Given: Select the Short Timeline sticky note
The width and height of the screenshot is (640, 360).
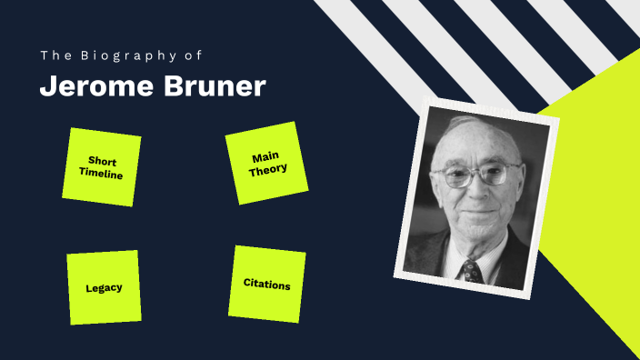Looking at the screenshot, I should [101, 166].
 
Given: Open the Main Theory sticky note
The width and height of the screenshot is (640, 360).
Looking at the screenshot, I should [265, 163].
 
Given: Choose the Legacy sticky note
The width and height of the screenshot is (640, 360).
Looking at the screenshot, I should [104, 287].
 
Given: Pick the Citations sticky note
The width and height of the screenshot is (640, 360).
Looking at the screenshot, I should [266, 284].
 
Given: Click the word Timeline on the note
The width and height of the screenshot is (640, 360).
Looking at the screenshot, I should [101, 173].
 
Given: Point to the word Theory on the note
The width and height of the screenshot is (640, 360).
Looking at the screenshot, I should [268, 168].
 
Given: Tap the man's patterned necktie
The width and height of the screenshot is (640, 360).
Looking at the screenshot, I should [471, 270].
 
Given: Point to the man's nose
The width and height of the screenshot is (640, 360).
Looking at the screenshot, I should [475, 189].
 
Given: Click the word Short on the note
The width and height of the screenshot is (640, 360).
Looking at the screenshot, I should [103, 161].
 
